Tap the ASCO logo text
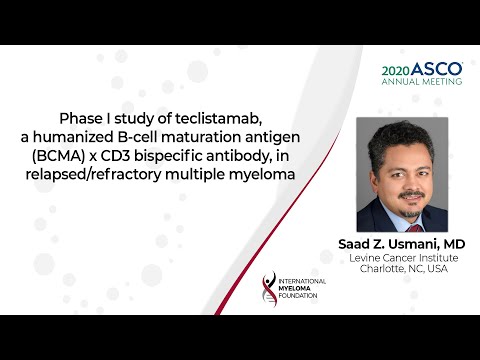point(437,70)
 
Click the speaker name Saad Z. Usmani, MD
point(402,244)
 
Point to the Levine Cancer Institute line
point(402,259)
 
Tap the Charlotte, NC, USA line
point(402,271)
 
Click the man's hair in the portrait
point(402,137)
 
